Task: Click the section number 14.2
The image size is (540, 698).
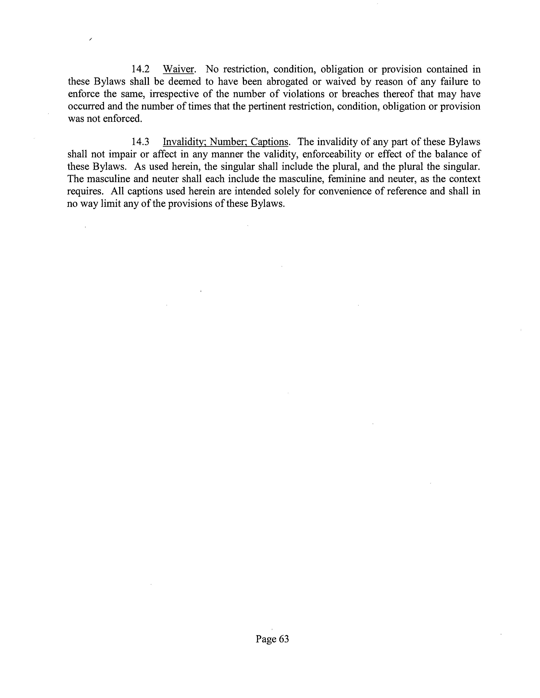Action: click(x=140, y=69)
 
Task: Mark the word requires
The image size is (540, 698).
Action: click(x=85, y=191)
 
